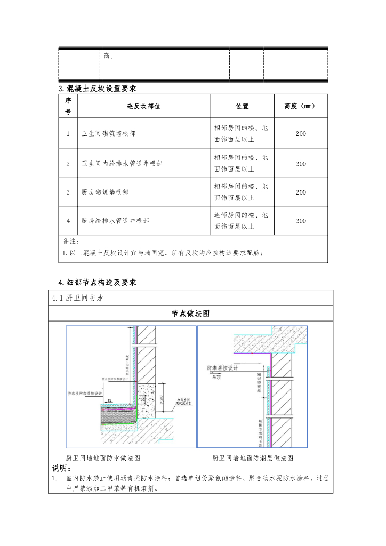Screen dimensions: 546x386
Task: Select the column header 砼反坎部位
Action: pos(143,106)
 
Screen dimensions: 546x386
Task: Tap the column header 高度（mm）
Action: pos(301,106)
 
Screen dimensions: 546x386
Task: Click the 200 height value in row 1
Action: pos(301,134)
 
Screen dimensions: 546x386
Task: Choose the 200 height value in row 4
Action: pos(301,220)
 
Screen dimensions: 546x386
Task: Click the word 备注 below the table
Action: pos(71,242)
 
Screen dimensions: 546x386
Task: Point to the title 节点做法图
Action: pos(190,314)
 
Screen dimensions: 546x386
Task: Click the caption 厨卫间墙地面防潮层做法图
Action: pos(253,458)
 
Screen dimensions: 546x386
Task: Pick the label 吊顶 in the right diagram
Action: pos(216,376)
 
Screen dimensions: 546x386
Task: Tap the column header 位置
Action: pos(242,106)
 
